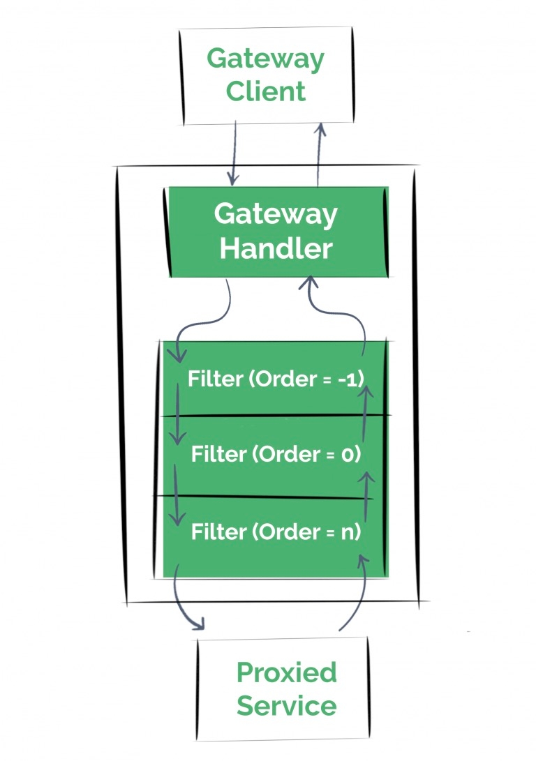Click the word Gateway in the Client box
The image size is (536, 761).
pyautogui.click(x=266, y=59)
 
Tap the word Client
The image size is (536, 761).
pyautogui.click(x=266, y=91)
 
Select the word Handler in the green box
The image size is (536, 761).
pyautogui.click(x=276, y=248)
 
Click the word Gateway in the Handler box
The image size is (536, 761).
pyautogui.click(x=276, y=214)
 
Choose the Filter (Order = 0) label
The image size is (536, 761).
pyautogui.click(x=276, y=455)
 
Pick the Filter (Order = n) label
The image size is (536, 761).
pyautogui.click(x=276, y=532)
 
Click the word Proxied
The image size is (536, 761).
pyautogui.click(x=287, y=673)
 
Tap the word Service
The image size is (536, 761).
pyautogui.click(x=287, y=706)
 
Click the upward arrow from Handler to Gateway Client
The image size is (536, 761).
pyautogui.click(x=320, y=153)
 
